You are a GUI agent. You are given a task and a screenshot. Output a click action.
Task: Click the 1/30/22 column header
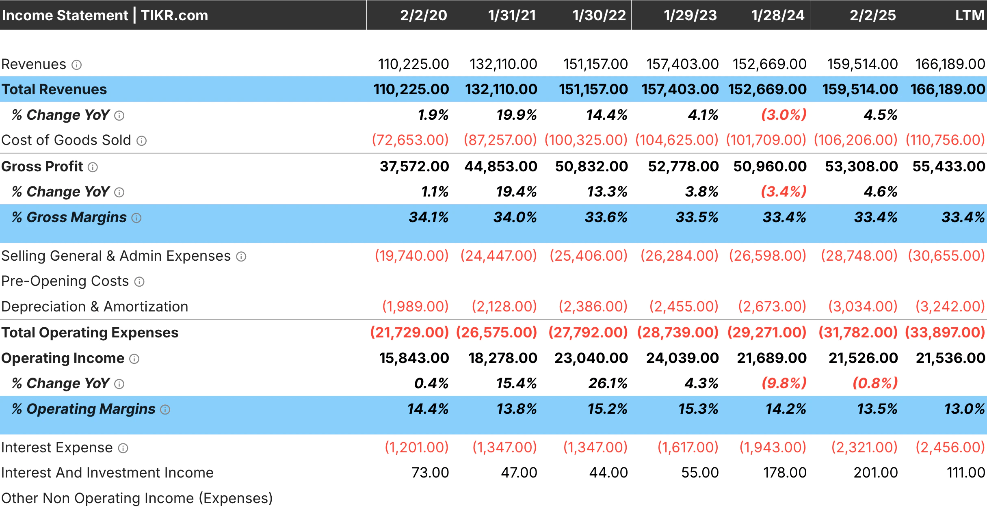coord(599,15)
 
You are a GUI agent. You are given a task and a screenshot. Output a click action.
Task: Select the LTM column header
coord(969,15)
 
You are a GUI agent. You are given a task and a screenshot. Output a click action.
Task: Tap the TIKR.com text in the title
coord(174,15)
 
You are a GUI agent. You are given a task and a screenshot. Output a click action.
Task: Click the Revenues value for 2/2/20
coord(413,64)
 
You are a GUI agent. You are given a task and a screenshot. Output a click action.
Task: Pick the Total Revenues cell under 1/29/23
coord(680,89)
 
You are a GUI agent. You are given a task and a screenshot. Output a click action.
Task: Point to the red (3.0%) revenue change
coord(784,115)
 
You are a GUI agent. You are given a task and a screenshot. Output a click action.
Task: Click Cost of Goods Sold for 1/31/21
coord(500,140)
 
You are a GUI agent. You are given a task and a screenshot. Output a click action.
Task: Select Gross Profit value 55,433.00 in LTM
coord(948,166)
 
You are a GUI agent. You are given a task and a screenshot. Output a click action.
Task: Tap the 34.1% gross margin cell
coord(429,217)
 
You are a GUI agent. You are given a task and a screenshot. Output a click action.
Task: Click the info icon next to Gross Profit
coord(93,167)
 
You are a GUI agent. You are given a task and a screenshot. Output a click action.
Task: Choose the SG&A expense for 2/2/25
coord(859,256)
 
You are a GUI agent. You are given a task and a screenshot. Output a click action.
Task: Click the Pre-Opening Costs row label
coord(65,281)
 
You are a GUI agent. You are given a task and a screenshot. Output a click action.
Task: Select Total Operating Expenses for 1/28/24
coord(767,333)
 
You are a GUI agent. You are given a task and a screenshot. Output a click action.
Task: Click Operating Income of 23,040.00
coord(591,358)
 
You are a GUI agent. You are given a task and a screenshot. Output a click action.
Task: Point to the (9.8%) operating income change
coord(784,383)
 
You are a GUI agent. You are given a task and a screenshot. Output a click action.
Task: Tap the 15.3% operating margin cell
coord(698,409)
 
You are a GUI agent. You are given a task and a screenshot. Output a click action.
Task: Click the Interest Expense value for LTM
coord(950,447)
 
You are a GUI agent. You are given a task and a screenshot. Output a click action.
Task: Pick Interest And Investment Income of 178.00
coord(785,473)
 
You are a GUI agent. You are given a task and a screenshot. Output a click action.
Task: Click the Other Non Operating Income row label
coord(137,498)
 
